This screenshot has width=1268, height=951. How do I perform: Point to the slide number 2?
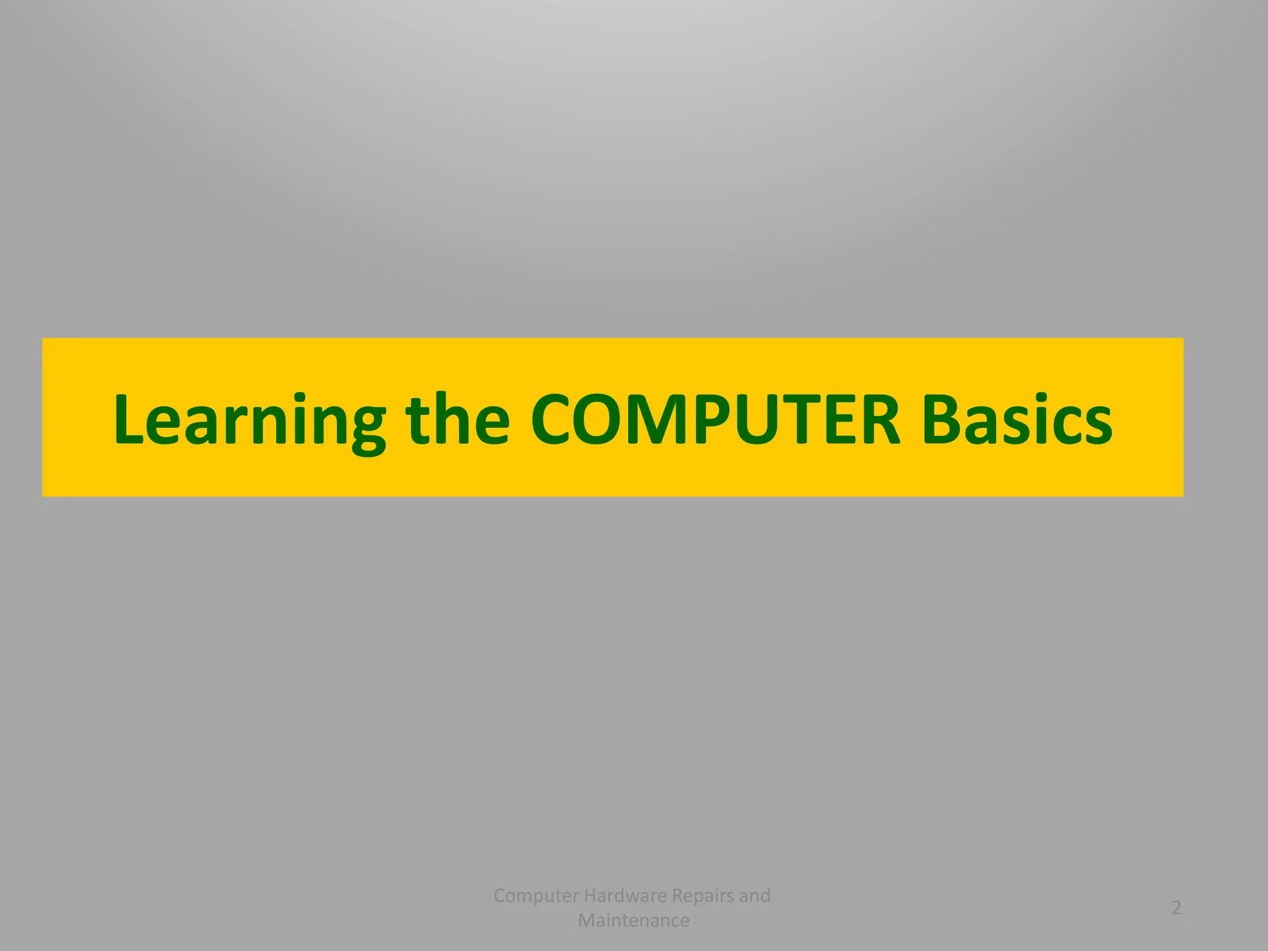1176,908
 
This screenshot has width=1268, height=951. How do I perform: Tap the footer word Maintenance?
633,921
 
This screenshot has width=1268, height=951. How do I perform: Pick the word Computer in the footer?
536,895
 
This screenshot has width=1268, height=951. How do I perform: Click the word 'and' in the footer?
755,895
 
